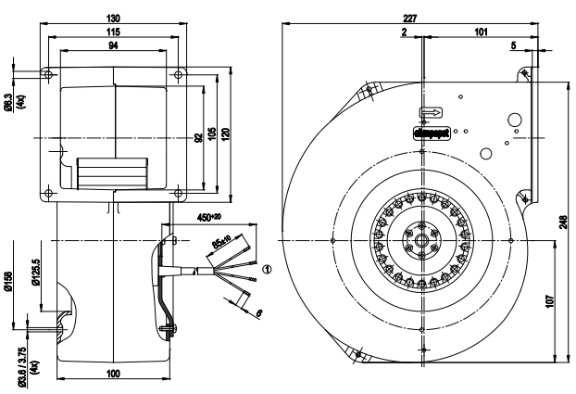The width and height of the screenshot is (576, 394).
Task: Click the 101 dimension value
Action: (481, 32)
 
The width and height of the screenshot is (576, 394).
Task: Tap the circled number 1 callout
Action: (269, 270)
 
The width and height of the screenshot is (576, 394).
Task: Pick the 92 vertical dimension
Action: (197, 138)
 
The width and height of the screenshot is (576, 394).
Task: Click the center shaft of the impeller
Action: (422, 239)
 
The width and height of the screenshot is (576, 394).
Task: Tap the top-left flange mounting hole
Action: (46, 71)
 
